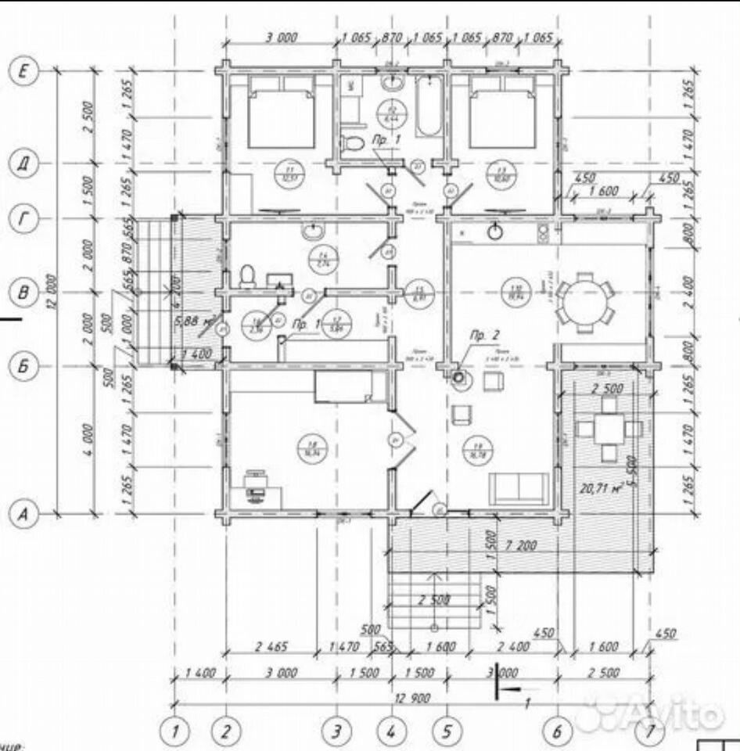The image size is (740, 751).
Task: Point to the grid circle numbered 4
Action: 392,732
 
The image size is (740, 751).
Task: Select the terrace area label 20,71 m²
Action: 600,490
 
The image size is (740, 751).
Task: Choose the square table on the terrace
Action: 609,429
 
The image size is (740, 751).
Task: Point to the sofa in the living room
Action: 519,488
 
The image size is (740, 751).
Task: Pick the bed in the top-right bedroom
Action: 502,117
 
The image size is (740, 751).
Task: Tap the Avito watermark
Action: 657,713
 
